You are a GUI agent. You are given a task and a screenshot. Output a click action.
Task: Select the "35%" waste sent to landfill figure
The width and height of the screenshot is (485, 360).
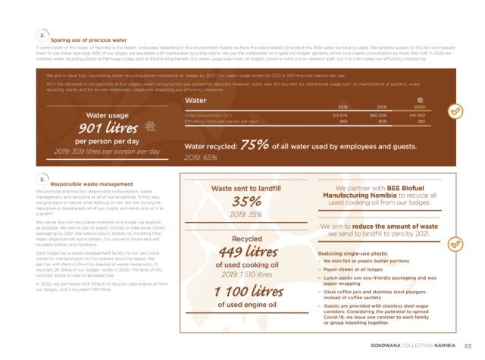247,202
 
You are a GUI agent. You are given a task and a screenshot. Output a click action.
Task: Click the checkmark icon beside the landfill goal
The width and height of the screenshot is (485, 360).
454,245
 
